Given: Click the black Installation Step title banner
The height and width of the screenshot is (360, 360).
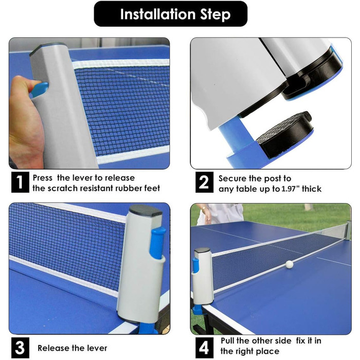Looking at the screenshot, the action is tap(171, 14).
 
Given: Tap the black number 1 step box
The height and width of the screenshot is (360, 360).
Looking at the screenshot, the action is tap(20, 182).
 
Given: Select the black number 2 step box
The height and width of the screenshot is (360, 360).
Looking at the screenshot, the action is tap(204, 182).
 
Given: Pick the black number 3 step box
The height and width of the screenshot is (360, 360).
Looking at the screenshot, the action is tap(20, 347).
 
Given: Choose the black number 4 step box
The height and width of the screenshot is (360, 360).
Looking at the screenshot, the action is tap(204, 347).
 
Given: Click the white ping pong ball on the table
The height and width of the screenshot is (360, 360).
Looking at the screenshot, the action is tap(289, 264).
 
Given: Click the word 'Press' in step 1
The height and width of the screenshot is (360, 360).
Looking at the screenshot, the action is tap(43, 178).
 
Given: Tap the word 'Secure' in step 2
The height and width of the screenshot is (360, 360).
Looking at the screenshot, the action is tap(231, 178).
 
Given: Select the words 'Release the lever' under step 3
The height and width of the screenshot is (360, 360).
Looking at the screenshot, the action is tap(73, 348).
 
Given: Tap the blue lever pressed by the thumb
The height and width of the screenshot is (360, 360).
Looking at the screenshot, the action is tap(40, 89).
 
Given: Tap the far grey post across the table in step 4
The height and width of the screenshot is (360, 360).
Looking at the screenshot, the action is tap(348, 229).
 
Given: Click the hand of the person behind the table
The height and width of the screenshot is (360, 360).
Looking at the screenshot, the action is tap(208, 215).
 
